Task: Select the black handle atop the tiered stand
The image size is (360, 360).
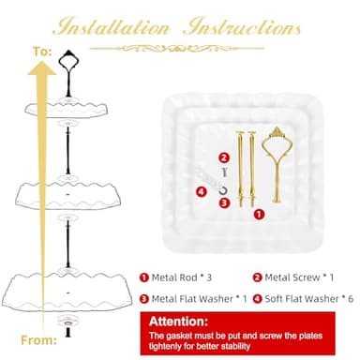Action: [67, 65]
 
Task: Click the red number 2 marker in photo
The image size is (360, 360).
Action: [223, 157]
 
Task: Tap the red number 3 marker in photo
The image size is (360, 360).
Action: [224, 202]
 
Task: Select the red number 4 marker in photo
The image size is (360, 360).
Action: [201, 193]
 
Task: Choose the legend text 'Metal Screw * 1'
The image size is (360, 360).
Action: [298, 277]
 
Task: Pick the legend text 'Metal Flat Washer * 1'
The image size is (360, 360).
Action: [197, 298]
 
